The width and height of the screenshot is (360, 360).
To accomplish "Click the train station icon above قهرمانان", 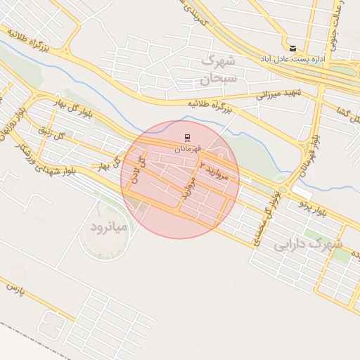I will click(x=187, y=137).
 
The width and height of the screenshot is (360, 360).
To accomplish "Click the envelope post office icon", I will click(x=292, y=48).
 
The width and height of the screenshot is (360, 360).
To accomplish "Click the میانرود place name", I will click(x=108, y=226).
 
